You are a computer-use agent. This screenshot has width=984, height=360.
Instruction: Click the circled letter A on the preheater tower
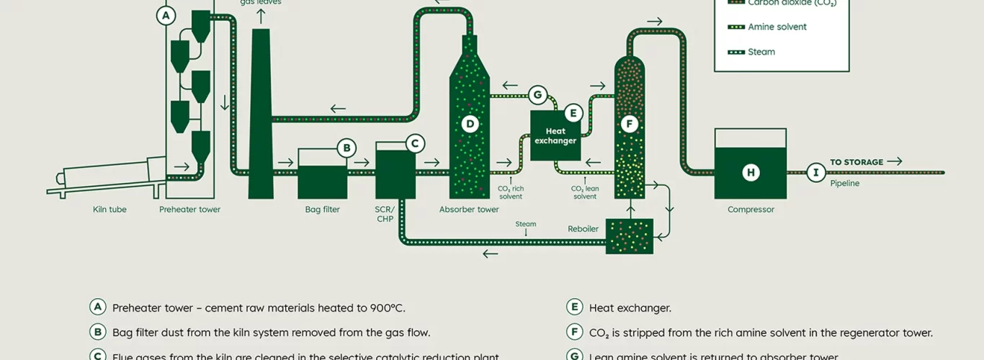[x=166, y=15]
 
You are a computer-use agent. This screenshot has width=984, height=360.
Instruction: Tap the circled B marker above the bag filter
[x=346, y=148]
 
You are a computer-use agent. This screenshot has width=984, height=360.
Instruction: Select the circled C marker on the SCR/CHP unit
[x=414, y=143]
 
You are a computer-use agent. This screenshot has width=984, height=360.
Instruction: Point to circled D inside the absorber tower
[x=470, y=124]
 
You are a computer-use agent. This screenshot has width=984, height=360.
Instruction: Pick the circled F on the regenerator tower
[x=629, y=124]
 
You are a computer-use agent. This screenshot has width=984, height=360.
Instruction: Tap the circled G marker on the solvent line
[x=536, y=94]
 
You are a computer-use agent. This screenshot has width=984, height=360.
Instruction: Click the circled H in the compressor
[x=751, y=172]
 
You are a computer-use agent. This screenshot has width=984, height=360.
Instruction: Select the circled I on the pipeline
[x=815, y=172]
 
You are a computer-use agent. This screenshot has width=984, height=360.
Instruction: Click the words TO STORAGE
[x=856, y=162]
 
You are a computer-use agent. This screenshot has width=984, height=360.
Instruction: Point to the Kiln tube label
[x=109, y=210]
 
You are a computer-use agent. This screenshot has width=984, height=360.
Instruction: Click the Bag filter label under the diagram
[x=322, y=210]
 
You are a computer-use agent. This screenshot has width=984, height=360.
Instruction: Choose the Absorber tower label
[x=469, y=210]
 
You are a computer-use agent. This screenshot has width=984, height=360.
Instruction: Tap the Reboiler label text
[x=583, y=229]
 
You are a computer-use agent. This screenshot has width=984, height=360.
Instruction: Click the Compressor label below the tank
[x=751, y=210]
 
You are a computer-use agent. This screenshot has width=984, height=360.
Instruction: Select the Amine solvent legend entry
[x=777, y=27]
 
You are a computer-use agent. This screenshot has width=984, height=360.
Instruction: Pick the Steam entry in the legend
[x=761, y=52]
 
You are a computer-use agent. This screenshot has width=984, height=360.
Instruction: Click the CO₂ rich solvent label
[x=511, y=192]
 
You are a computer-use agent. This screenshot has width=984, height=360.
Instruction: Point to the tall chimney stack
[x=260, y=115]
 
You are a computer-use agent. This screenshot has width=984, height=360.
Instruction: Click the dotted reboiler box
[x=629, y=236]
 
